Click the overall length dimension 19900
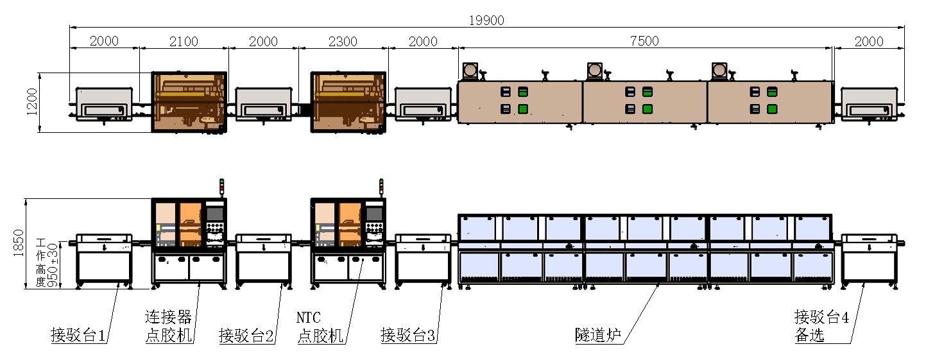(x=486, y=21)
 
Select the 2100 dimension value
(x=184, y=41)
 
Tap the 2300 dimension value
(x=343, y=41)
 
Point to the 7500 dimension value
(x=644, y=41)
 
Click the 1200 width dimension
(x=32, y=101)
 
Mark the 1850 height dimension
(x=19, y=243)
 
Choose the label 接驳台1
(x=78, y=335)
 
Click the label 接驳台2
(x=246, y=335)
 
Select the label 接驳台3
(x=408, y=335)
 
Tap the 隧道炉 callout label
(x=598, y=335)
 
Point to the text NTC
(x=309, y=318)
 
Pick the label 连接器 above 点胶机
(x=168, y=317)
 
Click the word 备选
(x=809, y=335)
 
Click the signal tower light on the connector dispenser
(x=221, y=186)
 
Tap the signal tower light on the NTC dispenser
(x=381, y=186)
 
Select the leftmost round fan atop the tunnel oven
(x=470, y=71)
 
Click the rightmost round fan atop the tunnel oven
(x=719, y=71)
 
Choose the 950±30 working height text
(x=53, y=265)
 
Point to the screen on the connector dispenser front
(x=215, y=214)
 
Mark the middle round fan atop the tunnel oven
(x=595, y=71)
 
